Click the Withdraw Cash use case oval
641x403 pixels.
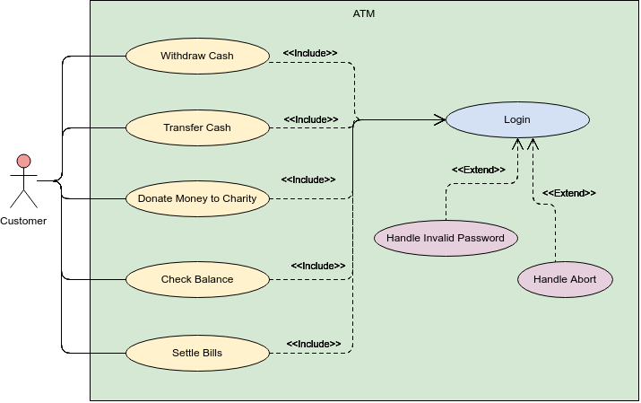(x=197, y=56)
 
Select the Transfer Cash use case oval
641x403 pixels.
(x=197, y=127)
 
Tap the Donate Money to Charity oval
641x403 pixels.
(x=197, y=198)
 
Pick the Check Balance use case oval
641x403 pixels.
(x=197, y=279)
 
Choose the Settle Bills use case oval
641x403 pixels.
(x=197, y=353)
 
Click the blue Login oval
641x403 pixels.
(x=517, y=119)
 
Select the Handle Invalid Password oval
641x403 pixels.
(x=446, y=238)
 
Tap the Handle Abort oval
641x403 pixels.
(x=566, y=279)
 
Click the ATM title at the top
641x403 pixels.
(x=365, y=13)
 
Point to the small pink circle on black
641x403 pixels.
(x=24, y=162)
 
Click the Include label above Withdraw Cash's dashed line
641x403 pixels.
(x=310, y=53)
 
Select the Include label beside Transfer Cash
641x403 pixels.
(x=311, y=119)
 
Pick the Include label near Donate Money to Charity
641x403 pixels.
(x=308, y=180)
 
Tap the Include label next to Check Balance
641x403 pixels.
(x=318, y=266)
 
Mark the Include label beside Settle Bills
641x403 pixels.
(x=314, y=344)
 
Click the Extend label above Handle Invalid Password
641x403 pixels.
(x=479, y=170)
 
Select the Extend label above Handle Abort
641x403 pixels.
(x=569, y=193)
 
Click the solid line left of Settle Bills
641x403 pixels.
(x=108, y=353)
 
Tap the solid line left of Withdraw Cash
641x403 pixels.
(x=108, y=56)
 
